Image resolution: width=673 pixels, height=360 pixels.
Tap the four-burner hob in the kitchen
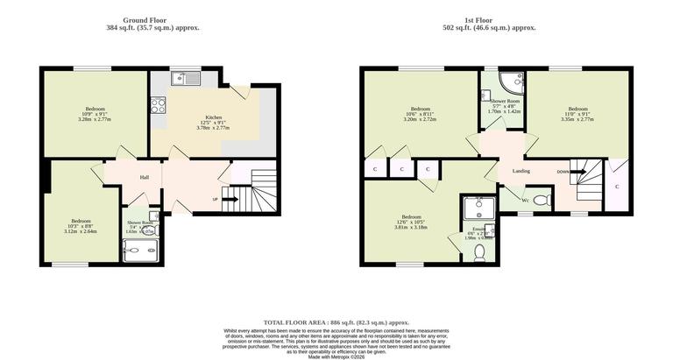pos(159,105)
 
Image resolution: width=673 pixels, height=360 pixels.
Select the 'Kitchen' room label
pos(213,117)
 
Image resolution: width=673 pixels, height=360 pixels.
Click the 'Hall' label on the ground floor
pos(144,177)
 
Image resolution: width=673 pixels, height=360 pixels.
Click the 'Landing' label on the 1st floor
pos(521,171)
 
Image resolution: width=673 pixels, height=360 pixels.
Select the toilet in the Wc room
pos(541,200)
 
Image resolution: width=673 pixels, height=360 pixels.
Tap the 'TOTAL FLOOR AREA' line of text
pos(336,323)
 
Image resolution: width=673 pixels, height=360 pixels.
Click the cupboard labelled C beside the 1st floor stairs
pos(617,187)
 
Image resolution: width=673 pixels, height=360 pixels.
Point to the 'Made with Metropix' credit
pos(336,356)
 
